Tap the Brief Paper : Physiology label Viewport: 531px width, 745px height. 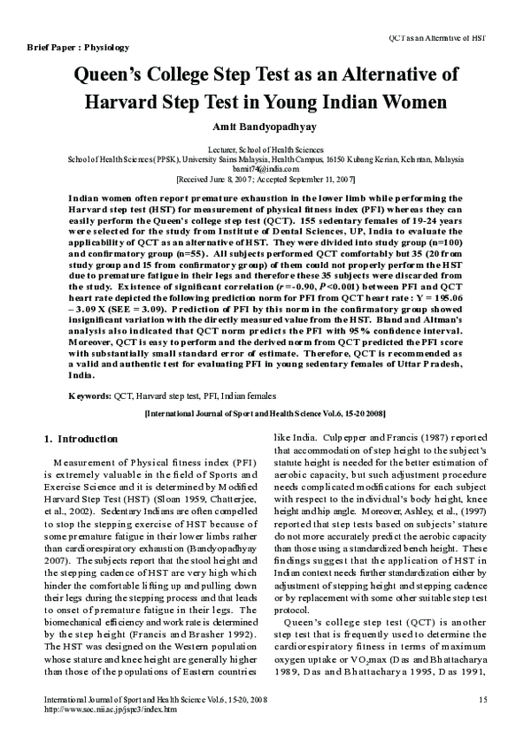(x=78, y=46)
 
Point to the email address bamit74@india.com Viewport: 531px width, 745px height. (x=265, y=168)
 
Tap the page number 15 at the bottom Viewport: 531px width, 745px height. (x=482, y=701)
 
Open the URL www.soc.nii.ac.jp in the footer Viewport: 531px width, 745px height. (x=111, y=710)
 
